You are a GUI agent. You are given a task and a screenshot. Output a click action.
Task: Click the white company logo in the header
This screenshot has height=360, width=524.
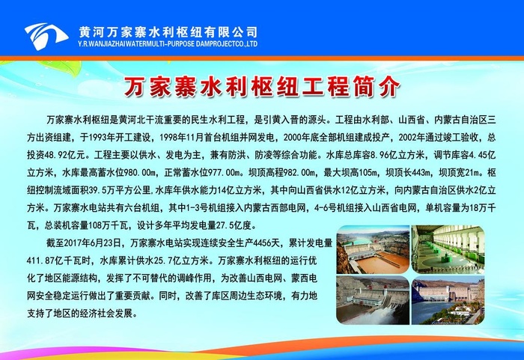(46, 33)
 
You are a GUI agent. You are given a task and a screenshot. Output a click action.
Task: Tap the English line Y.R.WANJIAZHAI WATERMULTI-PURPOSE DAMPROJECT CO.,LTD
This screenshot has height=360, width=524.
(168, 43)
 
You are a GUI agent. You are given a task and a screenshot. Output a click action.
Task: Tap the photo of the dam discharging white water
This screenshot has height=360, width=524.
(372, 302)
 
